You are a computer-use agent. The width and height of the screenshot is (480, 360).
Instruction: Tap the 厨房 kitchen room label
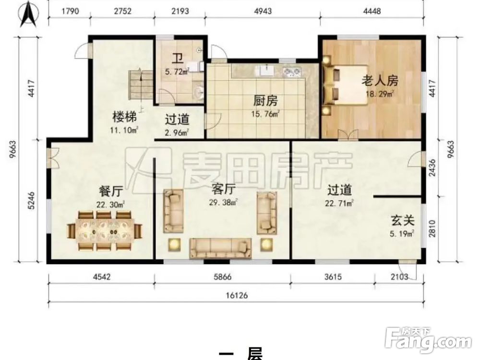click(265, 101)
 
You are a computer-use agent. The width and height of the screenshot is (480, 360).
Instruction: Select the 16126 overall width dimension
click(236, 296)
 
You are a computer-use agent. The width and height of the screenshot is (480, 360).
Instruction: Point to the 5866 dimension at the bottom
click(222, 276)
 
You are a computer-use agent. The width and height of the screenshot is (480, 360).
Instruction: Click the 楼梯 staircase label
click(124, 117)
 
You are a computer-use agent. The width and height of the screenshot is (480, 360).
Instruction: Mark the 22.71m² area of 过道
click(339, 203)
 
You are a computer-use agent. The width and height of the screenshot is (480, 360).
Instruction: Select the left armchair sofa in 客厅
click(173, 211)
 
